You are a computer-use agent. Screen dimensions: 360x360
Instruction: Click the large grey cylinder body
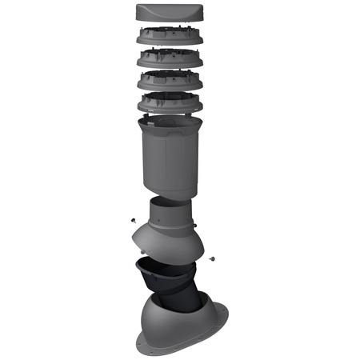pyautogui.click(x=167, y=160)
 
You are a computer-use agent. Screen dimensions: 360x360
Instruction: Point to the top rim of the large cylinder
pyautogui.click(x=167, y=121)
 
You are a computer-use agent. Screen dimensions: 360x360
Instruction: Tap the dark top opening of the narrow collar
pyautogui.click(x=170, y=202)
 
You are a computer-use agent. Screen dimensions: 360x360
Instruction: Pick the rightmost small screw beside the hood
pyautogui.click(x=213, y=258)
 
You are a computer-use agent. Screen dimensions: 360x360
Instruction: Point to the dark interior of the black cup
pyautogui.click(x=160, y=270)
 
